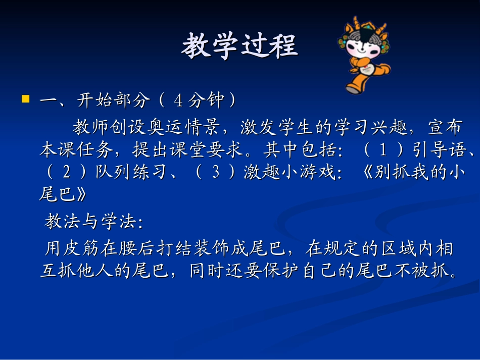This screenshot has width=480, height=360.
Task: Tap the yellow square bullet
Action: [x=25, y=99]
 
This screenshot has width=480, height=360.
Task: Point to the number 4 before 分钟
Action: [x=178, y=101]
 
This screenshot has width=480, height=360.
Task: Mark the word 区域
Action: [x=399, y=249]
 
